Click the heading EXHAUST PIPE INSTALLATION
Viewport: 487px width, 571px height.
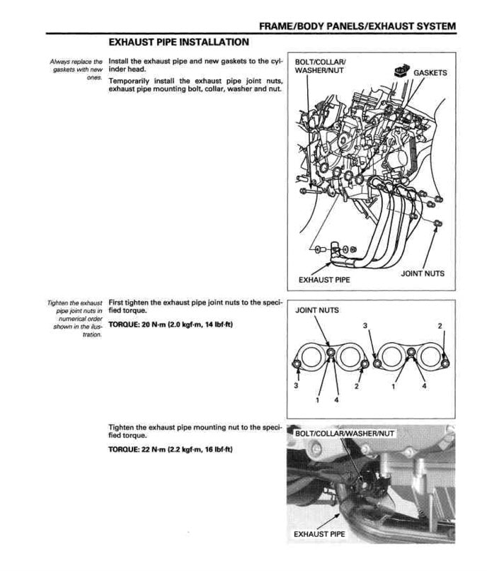[178, 43]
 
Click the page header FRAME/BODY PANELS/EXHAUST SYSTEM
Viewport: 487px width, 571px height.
[357, 26]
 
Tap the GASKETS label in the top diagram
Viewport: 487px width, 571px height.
[430, 73]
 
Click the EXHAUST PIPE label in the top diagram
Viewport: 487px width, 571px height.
[324, 279]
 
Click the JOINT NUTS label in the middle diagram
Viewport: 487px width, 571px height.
[316, 310]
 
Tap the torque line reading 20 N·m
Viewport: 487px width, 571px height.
[171, 324]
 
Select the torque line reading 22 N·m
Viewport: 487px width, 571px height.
[171, 450]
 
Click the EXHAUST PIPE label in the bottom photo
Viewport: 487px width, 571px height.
[319, 533]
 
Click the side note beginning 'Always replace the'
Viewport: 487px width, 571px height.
[76, 69]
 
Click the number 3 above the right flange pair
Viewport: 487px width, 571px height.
[365, 325]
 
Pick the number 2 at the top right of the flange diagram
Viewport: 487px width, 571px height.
[440, 325]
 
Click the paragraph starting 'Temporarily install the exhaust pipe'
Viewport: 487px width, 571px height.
[195, 85]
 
